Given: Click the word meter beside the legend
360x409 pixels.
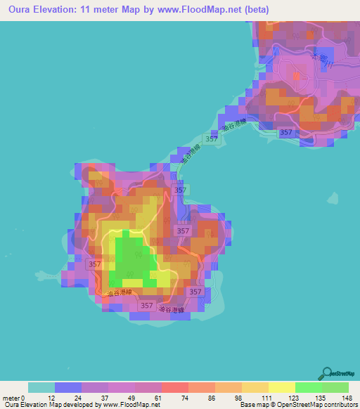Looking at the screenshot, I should click(11, 398).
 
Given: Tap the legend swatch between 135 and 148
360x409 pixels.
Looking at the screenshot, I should click(335, 387).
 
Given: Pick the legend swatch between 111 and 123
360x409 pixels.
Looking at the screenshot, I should click(281, 387).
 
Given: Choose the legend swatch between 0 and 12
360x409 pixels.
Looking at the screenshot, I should click(41, 387).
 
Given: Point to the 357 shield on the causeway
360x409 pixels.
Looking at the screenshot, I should click(210, 137).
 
